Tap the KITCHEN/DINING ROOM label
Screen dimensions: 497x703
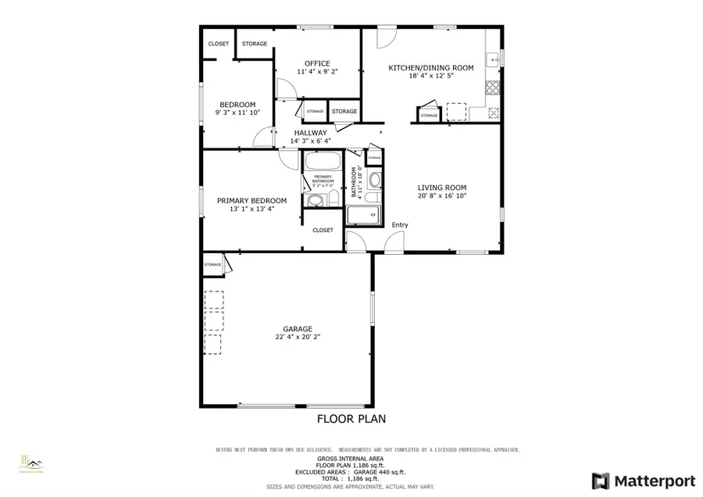click(431, 68)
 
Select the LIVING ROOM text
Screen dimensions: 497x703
click(441, 188)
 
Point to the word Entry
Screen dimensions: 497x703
click(400, 225)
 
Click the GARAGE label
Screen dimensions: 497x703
click(298, 329)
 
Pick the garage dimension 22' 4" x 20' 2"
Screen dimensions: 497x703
click(298, 338)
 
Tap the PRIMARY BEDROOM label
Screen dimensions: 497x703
click(252, 201)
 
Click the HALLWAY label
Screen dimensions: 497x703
click(310, 133)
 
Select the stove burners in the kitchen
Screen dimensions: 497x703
click(493, 88)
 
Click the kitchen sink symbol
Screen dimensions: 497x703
click(493, 59)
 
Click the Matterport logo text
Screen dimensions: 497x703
click(641, 479)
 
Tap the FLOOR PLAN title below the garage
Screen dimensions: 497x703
click(351, 419)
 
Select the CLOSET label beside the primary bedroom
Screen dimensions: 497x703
click(323, 231)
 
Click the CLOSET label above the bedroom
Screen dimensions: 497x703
click(218, 44)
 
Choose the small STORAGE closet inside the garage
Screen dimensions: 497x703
click(213, 265)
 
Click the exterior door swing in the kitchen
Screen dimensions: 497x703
click(387, 37)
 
